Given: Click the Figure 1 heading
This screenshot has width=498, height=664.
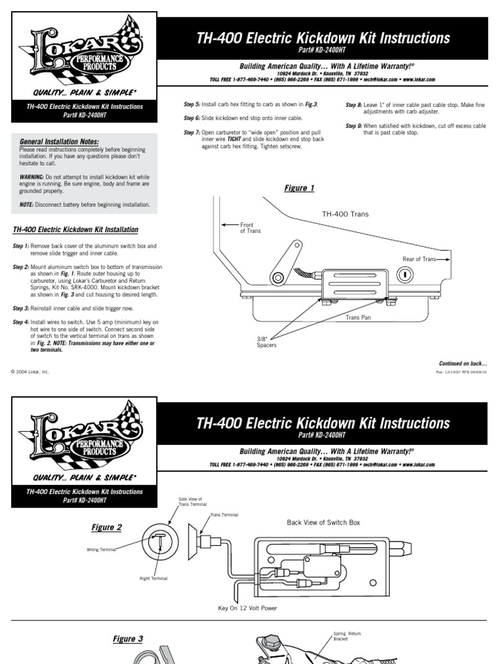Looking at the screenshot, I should click(x=299, y=189).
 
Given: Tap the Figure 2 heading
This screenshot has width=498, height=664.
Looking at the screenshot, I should click(x=106, y=528).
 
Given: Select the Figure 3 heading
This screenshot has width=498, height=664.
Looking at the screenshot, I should click(x=128, y=639).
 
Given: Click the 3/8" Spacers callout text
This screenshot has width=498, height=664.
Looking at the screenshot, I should click(x=267, y=342).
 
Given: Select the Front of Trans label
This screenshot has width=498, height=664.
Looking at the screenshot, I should click(x=250, y=228).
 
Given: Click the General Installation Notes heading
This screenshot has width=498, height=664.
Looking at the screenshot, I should click(x=60, y=141).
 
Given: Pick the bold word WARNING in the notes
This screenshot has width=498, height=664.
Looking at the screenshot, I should click(x=31, y=176).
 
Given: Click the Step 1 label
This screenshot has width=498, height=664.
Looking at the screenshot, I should click(x=21, y=246).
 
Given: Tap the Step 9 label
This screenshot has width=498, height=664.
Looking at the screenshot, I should click(x=353, y=126).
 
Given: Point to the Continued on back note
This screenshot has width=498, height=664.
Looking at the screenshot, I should click(x=463, y=363).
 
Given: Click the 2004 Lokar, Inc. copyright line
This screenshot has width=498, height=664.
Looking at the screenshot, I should click(x=30, y=372).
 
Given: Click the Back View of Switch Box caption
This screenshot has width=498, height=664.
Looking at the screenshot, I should click(x=323, y=523).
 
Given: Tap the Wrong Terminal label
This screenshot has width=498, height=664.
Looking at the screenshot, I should click(x=101, y=549).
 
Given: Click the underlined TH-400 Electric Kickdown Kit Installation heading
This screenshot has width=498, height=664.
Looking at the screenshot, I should click(x=76, y=230).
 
